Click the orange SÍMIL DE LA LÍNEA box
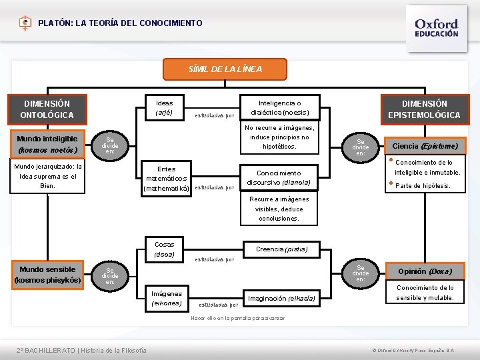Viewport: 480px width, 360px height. [225, 69]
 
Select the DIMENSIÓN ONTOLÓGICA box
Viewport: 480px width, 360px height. [47, 109]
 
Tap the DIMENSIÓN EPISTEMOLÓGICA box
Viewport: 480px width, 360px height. [424, 109]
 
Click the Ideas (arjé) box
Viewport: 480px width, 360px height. [164, 108]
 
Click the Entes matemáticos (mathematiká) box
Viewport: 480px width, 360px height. [167, 179]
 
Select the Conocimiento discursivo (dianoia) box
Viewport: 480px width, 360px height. [279, 177]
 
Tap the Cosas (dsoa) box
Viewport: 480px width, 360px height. [164, 249]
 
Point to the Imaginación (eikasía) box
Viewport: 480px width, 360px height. [281, 298]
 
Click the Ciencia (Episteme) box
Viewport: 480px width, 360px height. [425, 146]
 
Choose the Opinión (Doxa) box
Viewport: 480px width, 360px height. [425, 271]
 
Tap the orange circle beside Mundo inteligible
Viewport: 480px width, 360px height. [110, 145]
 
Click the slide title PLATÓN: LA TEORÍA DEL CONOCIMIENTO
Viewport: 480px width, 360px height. [120, 23]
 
